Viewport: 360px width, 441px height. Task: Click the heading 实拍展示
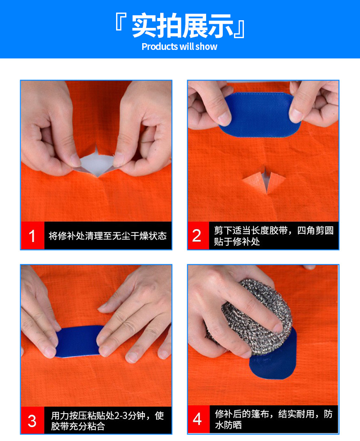point(182,26)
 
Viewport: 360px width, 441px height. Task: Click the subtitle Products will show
point(179,47)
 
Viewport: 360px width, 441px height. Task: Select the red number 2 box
point(198,236)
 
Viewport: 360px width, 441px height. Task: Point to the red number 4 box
point(198,419)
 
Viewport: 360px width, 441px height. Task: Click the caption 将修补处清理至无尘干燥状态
point(108,236)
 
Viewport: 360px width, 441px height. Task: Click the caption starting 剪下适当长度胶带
point(274,236)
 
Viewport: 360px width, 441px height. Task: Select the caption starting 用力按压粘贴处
point(107,420)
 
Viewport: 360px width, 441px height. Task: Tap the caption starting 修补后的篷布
point(274,419)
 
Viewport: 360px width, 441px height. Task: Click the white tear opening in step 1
point(97,164)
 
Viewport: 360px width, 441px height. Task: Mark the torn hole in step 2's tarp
point(264,180)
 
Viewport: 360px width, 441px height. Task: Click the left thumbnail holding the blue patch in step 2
point(225,118)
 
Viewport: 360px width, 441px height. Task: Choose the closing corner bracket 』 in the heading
point(240,29)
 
